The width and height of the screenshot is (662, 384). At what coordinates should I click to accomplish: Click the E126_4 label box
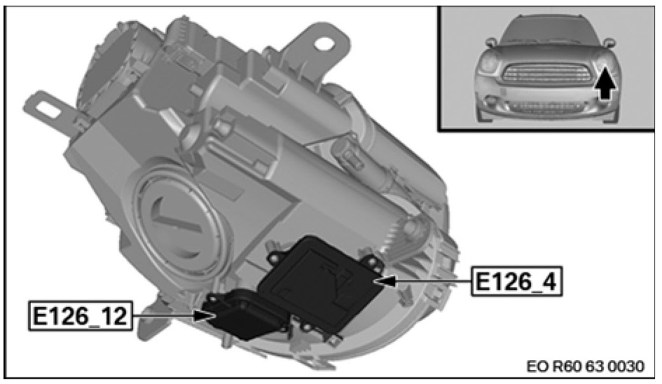[517, 281]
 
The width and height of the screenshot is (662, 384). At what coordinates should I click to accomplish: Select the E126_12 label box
[80, 315]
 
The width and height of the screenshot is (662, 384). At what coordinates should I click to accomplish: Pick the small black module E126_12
[241, 313]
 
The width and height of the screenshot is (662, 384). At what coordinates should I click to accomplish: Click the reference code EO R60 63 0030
[586, 366]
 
